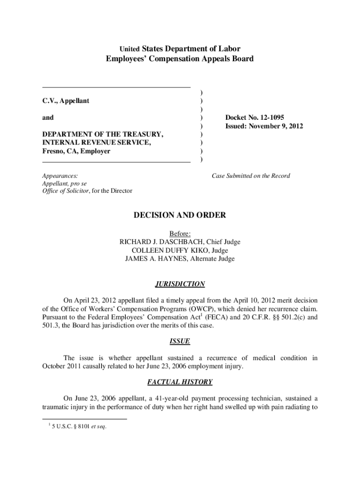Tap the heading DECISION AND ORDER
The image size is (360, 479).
click(180, 215)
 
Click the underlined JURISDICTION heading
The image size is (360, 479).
click(180, 284)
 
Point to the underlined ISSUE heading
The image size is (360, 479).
click(180, 341)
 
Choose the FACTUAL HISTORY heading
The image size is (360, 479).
click(180, 382)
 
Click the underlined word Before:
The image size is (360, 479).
click(180, 233)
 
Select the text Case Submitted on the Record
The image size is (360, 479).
click(251, 176)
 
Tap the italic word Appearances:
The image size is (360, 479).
click(60, 176)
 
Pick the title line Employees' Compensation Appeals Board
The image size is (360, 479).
click(180, 59)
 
